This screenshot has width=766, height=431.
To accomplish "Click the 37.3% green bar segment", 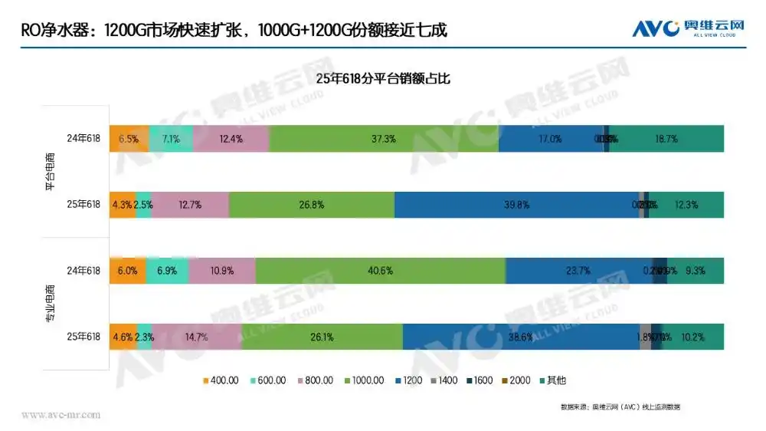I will (383, 139).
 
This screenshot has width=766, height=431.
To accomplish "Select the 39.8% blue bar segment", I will (517, 205).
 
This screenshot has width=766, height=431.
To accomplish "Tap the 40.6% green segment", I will (381, 271).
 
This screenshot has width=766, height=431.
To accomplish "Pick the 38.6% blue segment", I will (521, 337).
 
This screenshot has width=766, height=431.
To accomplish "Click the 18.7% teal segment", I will (666, 139).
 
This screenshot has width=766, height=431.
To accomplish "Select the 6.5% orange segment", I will (129, 139).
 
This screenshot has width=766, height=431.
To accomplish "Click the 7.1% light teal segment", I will (171, 139).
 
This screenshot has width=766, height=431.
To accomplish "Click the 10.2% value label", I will (692, 337).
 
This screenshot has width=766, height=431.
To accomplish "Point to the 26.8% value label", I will (312, 205).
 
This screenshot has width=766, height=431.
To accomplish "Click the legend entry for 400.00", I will (221, 380).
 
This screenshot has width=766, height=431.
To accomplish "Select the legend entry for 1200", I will (410, 380).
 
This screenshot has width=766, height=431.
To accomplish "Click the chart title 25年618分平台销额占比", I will (383, 78).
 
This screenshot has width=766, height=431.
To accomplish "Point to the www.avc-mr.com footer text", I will (61, 415).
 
